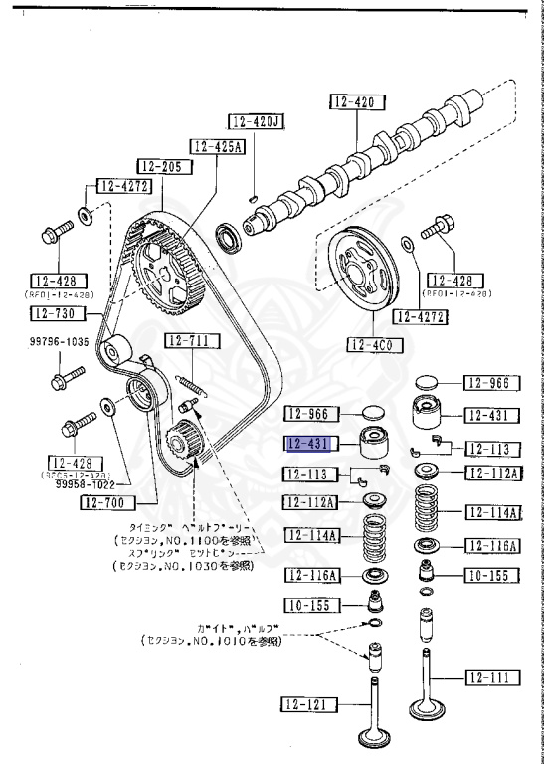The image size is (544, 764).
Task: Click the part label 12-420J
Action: (x=257, y=122)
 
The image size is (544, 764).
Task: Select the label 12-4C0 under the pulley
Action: (x=370, y=345)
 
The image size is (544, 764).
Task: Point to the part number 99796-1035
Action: (x=57, y=342)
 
